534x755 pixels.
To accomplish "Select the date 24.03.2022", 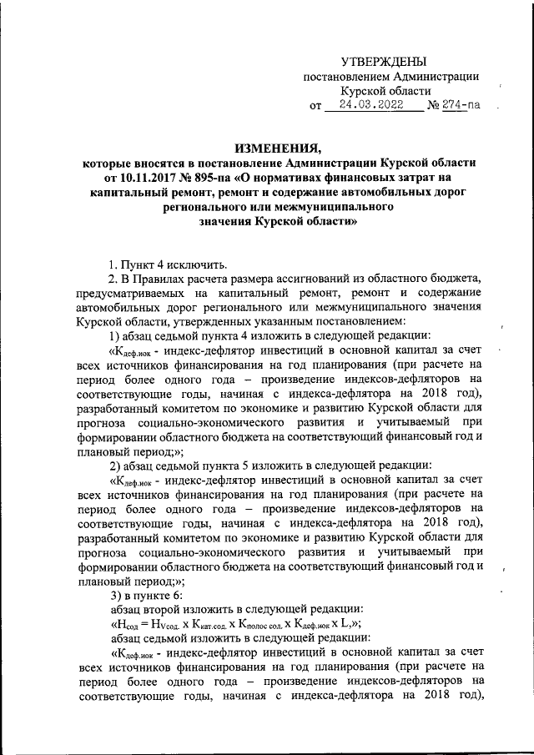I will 366,106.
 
